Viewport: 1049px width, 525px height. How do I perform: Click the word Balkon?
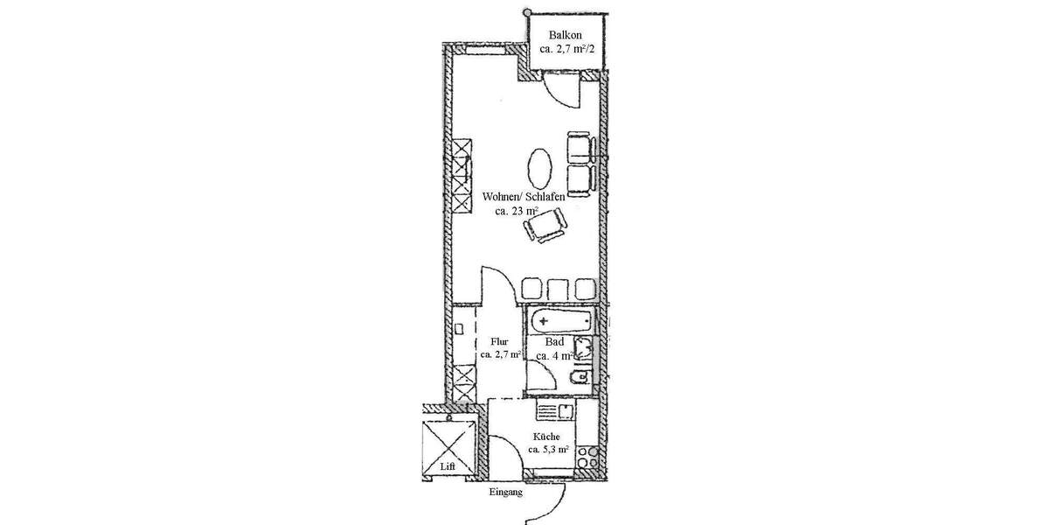click(566, 35)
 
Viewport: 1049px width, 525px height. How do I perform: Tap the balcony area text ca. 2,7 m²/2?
click(566, 49)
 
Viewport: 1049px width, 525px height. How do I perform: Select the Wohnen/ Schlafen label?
click(523, 197)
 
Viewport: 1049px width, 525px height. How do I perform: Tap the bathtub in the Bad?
click(559, 321)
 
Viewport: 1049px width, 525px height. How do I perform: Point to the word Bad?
click(553, 342)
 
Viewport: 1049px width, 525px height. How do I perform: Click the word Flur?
click(499, 341)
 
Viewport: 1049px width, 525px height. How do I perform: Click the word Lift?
click(448, 466)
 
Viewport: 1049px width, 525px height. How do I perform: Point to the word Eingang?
click(505, 493)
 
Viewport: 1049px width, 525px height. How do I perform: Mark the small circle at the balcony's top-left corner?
click(527, 13)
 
